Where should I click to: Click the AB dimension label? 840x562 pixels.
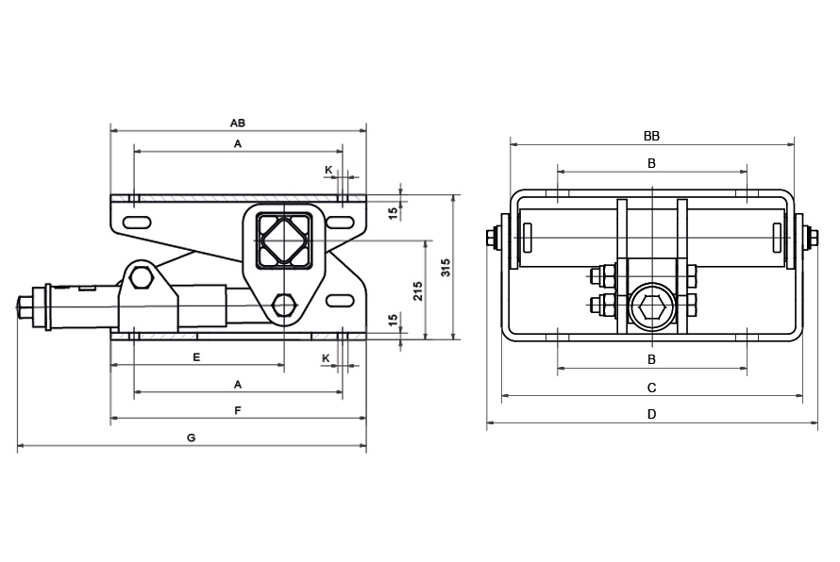coord(238,123)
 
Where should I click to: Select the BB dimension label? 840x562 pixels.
coord(651,136)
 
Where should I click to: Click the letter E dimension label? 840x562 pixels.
coord(196,357)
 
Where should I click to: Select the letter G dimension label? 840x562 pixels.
coord(192,438)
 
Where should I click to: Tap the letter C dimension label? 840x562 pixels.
coord(651,388)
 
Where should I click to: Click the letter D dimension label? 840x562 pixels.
coord(651,414)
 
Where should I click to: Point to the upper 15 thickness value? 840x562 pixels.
coord(393,213)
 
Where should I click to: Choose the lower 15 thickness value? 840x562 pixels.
coord(393,320)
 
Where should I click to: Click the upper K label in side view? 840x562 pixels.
coord(328,170)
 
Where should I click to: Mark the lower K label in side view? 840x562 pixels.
coord(326,358)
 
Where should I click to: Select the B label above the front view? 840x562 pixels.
coord(651,163)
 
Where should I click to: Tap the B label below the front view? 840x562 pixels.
coord(651,359)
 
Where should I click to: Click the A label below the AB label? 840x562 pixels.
coord(238,143)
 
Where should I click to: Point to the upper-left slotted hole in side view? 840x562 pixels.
coord(138,223)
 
